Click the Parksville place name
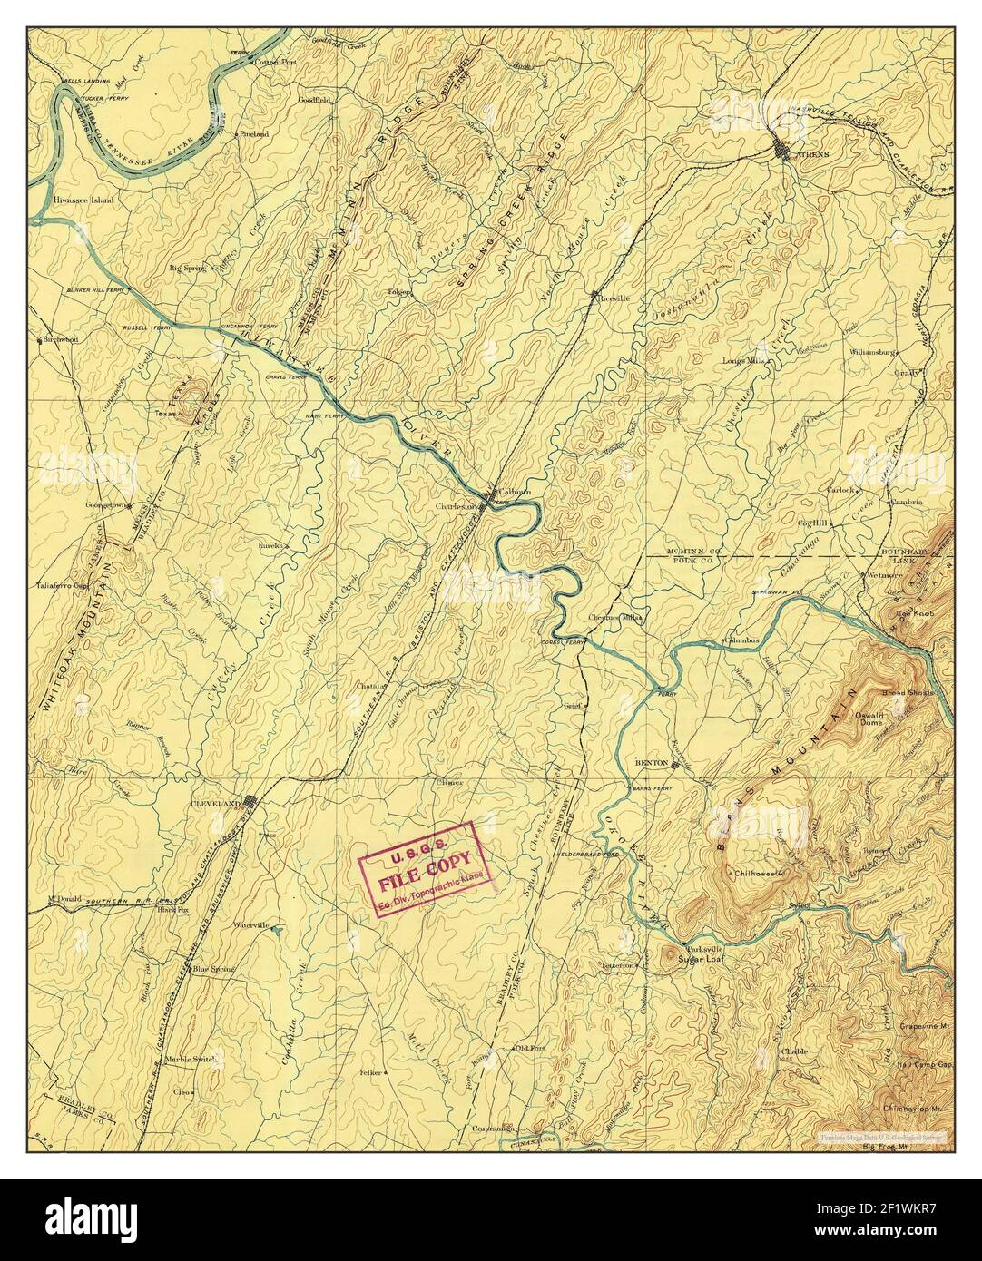(x=708, y=941)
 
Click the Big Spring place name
(x=189, y=269)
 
